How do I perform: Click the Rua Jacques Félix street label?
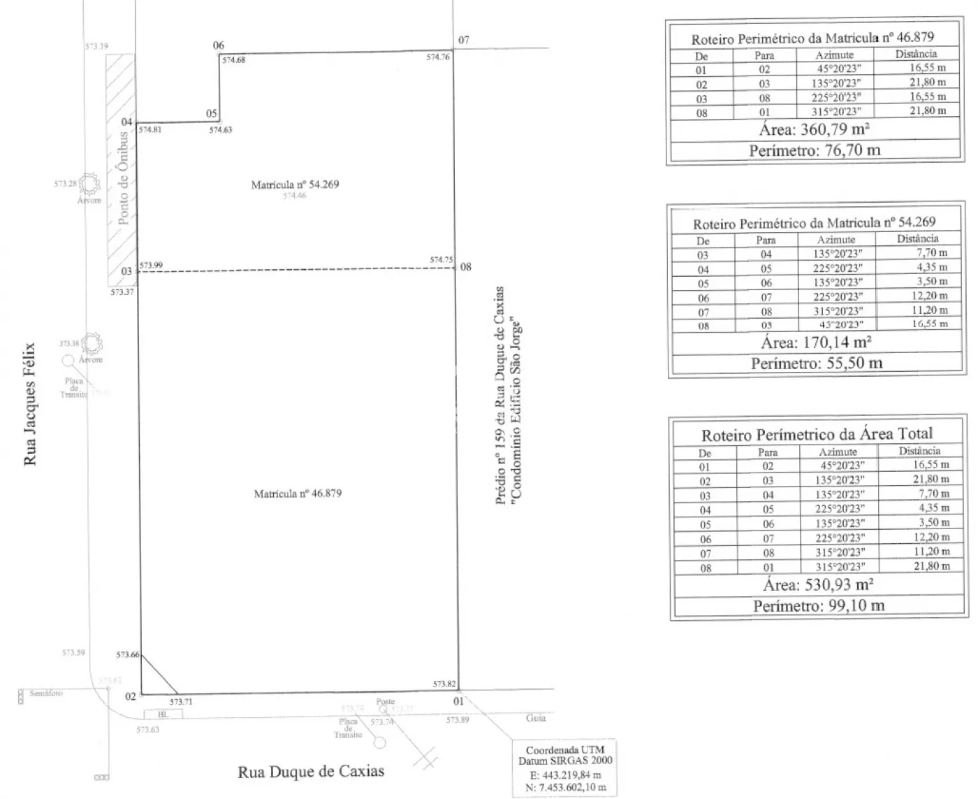pyautogui.click(x=30, y=404)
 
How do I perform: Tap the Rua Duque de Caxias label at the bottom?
pyautogui.click(x=311, y=772)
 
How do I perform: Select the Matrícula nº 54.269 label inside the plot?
pyautogui.click(x=295, y=185)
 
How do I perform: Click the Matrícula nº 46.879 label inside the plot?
pyautogui.click(x=298, y=494)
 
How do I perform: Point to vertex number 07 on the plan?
pyautogui.click(x=464, y=40)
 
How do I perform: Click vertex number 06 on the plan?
pyautogui.click(x=219, y=45)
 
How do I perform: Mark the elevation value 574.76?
pyautogui.click(x=438, y=57)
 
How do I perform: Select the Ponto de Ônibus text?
pyautogui.click(x=123, y=178)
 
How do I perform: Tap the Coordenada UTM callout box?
pyautogui.click(x=564, y=768)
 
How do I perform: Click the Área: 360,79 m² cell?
pyautogui.click(x=814, y=130)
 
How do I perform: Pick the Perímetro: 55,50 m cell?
pyautogui.click(x=817, y=363)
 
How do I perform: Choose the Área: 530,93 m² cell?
pyautogui.click(x=818, y=585)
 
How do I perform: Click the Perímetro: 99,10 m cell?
pyautogui.click(x=819, y=605)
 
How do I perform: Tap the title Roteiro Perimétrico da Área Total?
pyautogui.click(x=817, y=435)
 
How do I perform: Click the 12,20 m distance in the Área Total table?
pyautogui.click(x=932, y=537)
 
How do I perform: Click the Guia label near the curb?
pyautogui.click(x=536, y=718)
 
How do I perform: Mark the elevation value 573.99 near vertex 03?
pyautogui.click(x=151, y=266)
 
